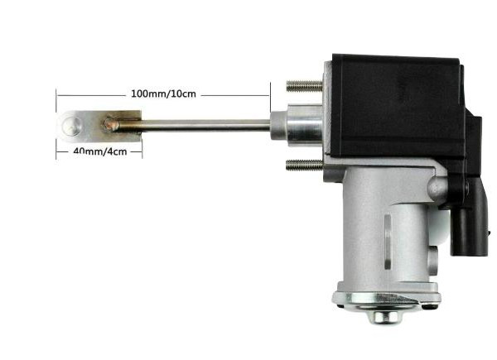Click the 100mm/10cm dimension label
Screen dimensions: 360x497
163,94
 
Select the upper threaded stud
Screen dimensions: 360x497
304,85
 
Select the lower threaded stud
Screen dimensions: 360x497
304,165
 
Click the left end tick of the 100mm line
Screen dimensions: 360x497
57,94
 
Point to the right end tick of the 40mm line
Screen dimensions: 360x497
142,151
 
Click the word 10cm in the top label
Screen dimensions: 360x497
184,94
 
